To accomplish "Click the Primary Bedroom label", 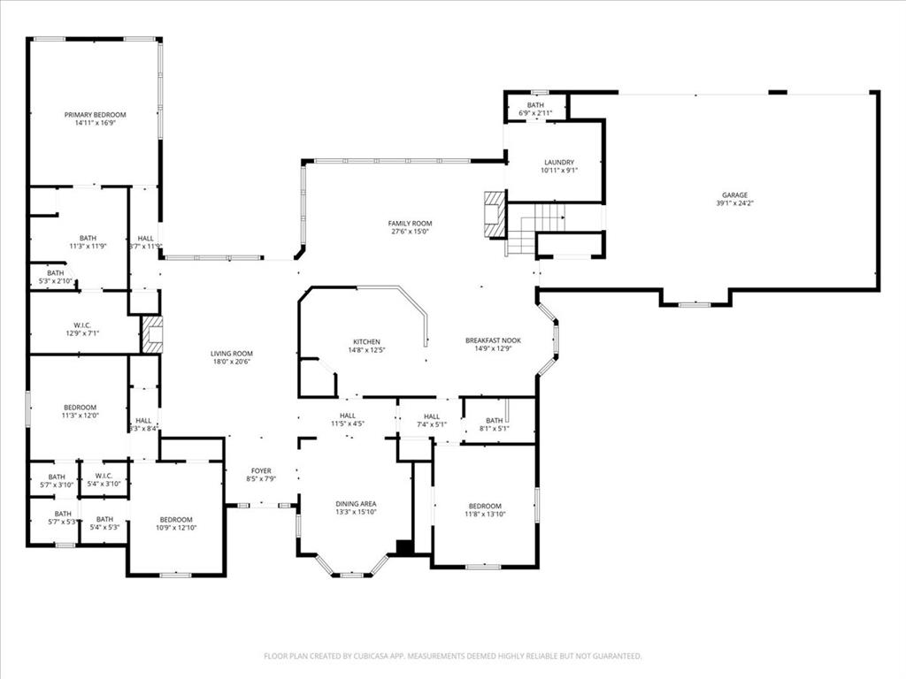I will [x=95, y=115].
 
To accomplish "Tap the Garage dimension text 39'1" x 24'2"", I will [x=734, y=203].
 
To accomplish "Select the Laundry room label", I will [x=558, y=163].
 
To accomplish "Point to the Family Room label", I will [x=410, y=223].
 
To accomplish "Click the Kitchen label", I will [x=367, y=341].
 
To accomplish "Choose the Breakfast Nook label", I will [x=493, y=340].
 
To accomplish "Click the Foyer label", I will [x=261, y=470].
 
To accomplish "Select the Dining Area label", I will [x=356, y=504].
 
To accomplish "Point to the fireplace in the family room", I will [x=494, y=214].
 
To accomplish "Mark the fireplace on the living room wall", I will [x=152, y=334].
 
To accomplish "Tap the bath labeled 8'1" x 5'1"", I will [x=494, y=425].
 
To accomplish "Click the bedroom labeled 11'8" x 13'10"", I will [x=485, y=510].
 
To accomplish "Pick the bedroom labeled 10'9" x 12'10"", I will [x=176, y=523].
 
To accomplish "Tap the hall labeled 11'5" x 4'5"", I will [x=348, y=419].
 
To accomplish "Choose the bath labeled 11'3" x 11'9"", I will [x=88, y=241].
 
